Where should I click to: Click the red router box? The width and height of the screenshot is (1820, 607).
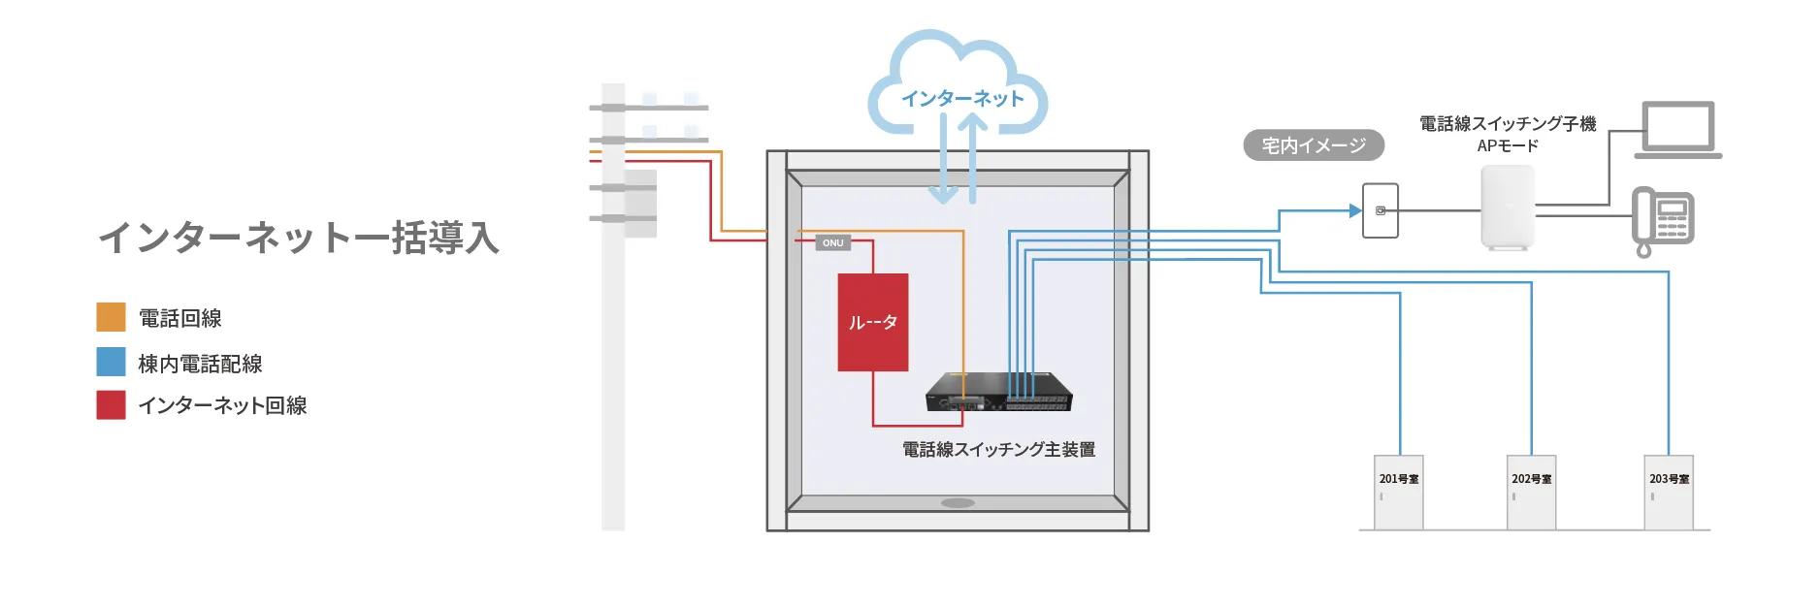point(873,322)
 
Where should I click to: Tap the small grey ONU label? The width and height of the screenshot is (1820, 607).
point(833,242)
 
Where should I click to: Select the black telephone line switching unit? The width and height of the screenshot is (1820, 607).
point(999,392)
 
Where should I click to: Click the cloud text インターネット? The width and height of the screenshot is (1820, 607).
point(962,99)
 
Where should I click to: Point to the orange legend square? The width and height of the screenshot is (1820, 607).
point(112,317)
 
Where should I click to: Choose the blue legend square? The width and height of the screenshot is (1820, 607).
point(112,362)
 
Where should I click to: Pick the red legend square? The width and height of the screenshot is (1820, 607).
point(112,404)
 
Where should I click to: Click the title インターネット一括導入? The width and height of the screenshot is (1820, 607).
point(299,238)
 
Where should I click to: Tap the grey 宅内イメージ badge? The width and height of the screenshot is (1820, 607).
point(1314,145)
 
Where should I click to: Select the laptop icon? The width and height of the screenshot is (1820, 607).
point(1678,130)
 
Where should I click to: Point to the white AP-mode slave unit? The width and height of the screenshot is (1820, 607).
point(1508,208)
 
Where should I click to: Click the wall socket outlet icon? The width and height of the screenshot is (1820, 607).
point(1381,210)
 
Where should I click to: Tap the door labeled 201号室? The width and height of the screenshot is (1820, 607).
point(1399,493)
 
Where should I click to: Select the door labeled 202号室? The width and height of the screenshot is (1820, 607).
point(1531,493)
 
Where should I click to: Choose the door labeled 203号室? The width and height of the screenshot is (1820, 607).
point(1669,493)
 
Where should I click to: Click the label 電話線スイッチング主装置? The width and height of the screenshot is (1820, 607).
point(998,450)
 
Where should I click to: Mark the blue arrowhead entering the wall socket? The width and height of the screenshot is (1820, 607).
point(1355,210)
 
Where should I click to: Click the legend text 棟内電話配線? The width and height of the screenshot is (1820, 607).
point(200,364)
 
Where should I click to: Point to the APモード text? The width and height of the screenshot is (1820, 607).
point(1508,146)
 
